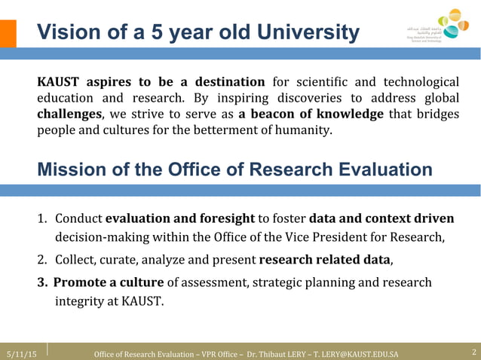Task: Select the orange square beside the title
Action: (x=8, y=33)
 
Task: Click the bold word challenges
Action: (x=70, y=114)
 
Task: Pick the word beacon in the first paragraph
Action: (x=279, y=114)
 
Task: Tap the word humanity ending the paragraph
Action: (x=301, y=130)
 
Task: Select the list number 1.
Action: (x=43, y=219)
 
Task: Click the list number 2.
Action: (x=43, y=261)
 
